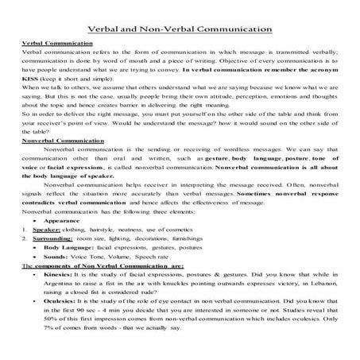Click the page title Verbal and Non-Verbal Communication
click(180, 29)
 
